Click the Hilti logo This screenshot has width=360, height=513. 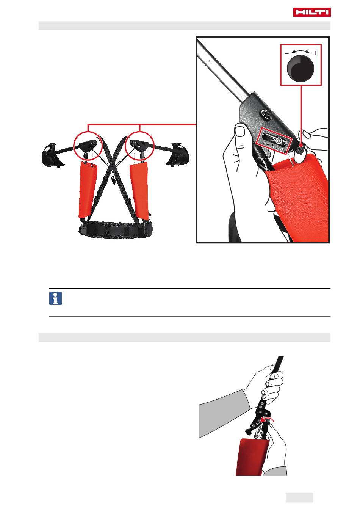tap(312, 12)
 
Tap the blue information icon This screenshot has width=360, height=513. tap(55, 298)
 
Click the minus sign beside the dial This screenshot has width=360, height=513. tap(286, 54)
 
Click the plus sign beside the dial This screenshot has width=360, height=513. tap(316, 53)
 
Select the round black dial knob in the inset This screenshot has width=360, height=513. tap(301, 68)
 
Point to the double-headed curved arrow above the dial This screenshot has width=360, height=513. tap(301, 51)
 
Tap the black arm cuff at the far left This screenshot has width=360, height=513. tap(52, 155)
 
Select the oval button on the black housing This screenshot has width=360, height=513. tap(266, 114)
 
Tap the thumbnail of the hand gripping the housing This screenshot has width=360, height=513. tap(240, 131)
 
